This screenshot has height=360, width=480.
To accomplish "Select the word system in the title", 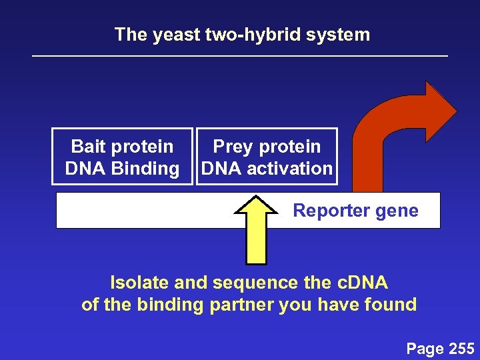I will tap(343, 35).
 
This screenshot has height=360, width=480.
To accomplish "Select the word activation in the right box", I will tap(289, 169).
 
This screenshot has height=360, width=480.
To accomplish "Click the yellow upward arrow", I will tap(257, 230).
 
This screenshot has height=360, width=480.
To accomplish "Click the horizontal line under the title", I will tap(240, 56).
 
